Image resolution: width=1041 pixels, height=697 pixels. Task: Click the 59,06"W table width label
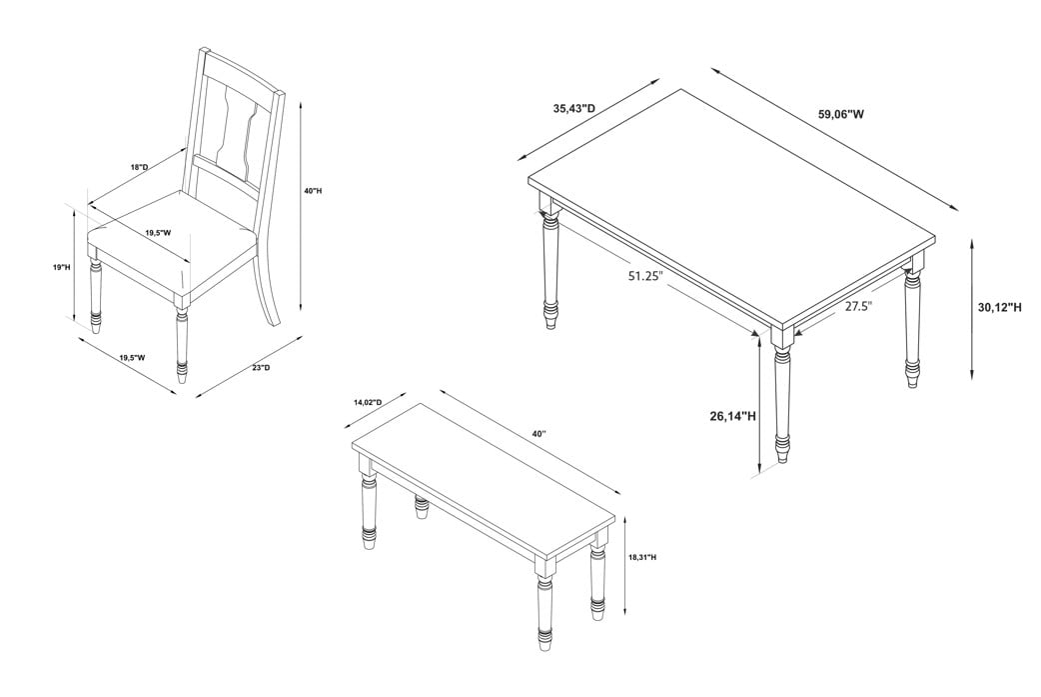tap(841, 114)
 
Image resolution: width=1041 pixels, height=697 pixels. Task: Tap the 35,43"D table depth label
tap(574, 108)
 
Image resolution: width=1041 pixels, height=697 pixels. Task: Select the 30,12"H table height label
tap(1000, 307)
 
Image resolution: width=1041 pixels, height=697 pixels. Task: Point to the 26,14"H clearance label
tap(733, 417)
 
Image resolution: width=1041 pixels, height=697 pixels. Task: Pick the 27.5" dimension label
tap(858, 306)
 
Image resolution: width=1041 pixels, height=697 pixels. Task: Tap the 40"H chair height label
tap(313, 191)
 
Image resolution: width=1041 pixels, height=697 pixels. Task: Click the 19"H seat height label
tap(61, 267)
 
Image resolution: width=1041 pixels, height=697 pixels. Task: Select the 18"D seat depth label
tap(140, 167)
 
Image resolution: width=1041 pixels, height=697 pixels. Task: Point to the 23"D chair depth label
tap(261, 367)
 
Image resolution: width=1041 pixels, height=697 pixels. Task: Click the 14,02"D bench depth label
tap(368, 403)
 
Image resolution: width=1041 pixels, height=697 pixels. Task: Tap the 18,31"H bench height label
tap(642, 557)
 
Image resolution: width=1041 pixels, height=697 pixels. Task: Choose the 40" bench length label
tap(538, 434)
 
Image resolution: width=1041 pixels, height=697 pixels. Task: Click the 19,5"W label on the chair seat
tap(159, 233)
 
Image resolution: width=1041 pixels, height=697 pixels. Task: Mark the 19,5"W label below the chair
tap(132, 357)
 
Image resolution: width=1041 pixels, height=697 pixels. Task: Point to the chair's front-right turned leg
tap(181, 342)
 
